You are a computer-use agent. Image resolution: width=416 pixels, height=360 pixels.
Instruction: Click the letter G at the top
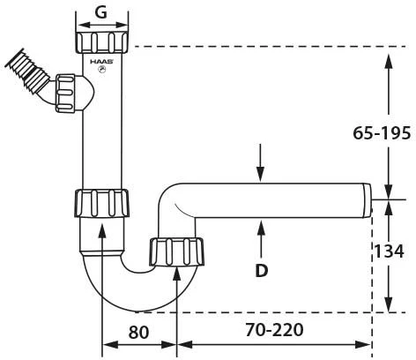(x=102, y=12)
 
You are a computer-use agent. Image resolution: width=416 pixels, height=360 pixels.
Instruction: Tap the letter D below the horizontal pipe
(x=261, y=270)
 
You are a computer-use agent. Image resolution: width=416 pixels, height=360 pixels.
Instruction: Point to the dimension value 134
(x=389, y=251)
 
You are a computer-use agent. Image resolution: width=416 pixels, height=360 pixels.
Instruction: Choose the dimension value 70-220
(x=274, y=331)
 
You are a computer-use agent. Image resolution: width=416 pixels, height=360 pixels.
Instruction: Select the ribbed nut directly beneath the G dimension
(x=102, y=41)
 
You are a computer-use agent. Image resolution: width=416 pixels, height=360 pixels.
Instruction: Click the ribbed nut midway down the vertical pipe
(x=102, y=202)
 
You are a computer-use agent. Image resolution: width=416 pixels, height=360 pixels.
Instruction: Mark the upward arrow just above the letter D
(x=261, y=231)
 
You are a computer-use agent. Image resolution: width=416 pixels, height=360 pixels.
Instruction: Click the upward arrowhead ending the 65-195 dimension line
(x=388, y=62)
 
